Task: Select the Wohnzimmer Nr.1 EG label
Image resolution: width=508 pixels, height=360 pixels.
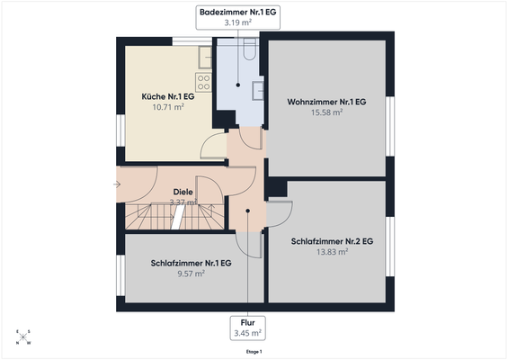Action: [x=326, y=102]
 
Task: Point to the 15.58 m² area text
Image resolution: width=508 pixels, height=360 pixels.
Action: [x=326, y=112]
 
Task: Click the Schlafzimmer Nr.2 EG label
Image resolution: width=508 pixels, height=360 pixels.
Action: [x=332, y=241]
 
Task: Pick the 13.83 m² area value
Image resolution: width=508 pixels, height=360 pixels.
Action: [x=332, y=252]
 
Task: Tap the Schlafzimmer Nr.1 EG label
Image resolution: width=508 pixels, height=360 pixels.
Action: [x=192, y=263]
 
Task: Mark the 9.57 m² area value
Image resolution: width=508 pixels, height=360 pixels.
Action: [x=192, y=273]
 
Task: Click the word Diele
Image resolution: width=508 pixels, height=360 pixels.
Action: [x=183, y=192]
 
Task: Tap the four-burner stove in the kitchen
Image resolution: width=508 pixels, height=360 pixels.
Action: [x=203, y=83]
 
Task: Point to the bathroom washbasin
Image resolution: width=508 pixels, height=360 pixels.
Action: [x=257, y=88]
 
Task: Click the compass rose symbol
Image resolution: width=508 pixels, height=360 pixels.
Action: [x=22, y=337]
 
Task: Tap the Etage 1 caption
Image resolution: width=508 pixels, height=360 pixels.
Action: [x=254, y=352]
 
